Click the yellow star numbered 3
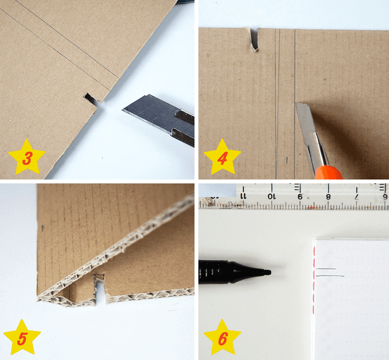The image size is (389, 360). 27,157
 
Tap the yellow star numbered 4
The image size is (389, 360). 222,157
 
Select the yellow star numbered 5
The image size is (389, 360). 22,338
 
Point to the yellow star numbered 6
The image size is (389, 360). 222,338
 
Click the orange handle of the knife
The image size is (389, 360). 329,172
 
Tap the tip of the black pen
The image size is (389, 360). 270,272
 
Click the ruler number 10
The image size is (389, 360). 272,197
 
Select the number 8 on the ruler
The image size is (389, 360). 328,197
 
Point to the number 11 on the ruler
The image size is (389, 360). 243,197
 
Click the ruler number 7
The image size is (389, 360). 357,197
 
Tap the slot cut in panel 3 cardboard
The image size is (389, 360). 91,99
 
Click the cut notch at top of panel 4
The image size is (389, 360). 254,40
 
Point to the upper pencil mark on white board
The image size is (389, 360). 326,269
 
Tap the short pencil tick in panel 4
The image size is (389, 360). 287,161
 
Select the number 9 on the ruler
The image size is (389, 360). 300,197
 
